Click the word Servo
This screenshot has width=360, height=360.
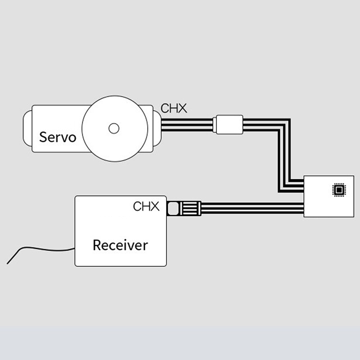point(58,136)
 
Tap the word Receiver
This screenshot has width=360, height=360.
point(120,245)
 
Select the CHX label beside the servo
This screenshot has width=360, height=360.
point(174,108)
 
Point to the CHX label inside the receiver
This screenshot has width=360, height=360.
point(146,207)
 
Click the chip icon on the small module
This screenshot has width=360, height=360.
point(337,190)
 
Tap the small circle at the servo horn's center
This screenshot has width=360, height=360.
point(114,129)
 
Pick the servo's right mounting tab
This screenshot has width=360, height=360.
point(156,128)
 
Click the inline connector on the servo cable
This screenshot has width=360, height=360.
point(229,125)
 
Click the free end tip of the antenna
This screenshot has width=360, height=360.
point(8,263)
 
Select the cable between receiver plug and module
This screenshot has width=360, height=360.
point(252,209)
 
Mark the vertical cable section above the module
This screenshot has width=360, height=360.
point(284,153)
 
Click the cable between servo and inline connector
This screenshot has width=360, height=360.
point(187,125)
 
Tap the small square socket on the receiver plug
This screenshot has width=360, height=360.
point(172,209)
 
